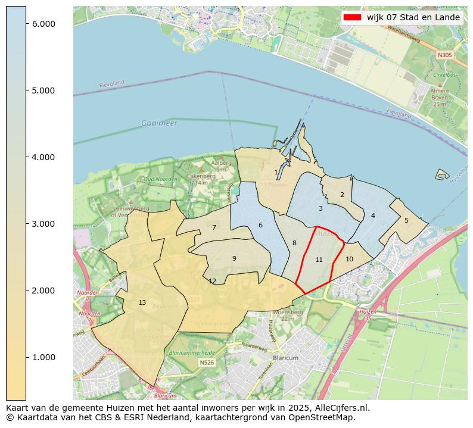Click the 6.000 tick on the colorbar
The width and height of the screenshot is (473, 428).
pos(27,24)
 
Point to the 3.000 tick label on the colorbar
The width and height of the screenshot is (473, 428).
pos(43,224)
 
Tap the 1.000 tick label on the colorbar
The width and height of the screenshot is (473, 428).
pos(43,357)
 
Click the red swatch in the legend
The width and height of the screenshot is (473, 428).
pos(352,17)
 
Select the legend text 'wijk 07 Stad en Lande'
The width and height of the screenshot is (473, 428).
pos(413,17)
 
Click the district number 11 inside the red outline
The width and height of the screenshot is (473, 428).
pos(319,260)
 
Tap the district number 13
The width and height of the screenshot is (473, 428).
pos(142,302)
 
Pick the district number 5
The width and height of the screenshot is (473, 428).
pos(406,220)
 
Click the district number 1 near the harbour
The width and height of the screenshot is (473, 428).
pos(276,172)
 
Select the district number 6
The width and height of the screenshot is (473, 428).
pos(260,225)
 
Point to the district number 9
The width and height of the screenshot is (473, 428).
pos(234,258)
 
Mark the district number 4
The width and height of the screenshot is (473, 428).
pos(373,215)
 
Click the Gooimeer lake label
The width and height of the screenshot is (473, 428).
pos(159,123)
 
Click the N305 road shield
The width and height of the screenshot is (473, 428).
pos(444,55)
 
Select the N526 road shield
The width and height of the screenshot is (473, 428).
pos(206,363)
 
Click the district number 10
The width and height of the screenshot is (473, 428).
pos(349,259)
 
